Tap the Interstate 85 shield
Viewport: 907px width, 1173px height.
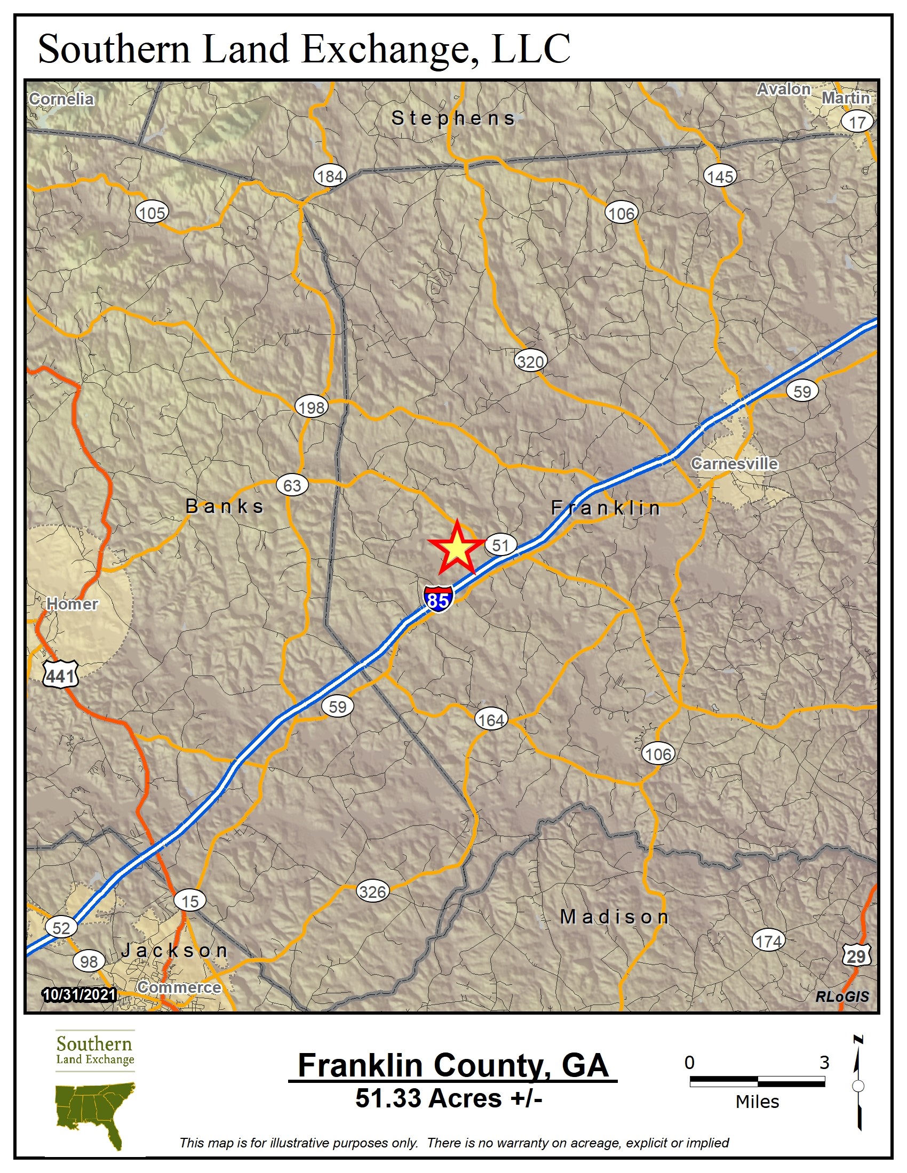pyautogui.click(x=438, y=599)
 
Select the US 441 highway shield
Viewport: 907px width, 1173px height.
pyautogui.click(x=61, y=674)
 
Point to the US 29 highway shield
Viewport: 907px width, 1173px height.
pyautogui.click(x=856, y=955)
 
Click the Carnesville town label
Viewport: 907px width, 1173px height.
pyautogui.click(x=734, y=463)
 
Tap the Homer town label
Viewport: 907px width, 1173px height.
pyautogui.click(x=72, y=604)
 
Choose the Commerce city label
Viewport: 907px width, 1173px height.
pyautogui.click(x=179, y=987)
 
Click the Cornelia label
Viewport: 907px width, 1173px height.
pyautogui.click(x=61, y=99)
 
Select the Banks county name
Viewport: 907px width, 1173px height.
pyautogui.click(x=225, y=506)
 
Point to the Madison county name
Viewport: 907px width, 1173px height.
pyautogui.click(x=614, y=917)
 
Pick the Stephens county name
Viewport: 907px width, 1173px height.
pyautogui.click(x=453, y=118)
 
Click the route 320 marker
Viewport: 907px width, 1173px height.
pyautogui.click(x=530, y=361)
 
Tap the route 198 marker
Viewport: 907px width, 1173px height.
pyautogui.click(x=312, y=407)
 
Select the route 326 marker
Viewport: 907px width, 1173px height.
pyautogui.click(x=372, y=892)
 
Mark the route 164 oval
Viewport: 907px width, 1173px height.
pyautogui.click(x=491, y=720)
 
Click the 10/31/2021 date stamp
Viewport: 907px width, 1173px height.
pyautogui.click(x=79, y=995)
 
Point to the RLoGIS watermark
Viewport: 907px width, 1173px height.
pyautogui.click(x=842, y=997)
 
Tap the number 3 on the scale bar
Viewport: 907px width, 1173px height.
pyautogui.click(x=824, y=1062)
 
